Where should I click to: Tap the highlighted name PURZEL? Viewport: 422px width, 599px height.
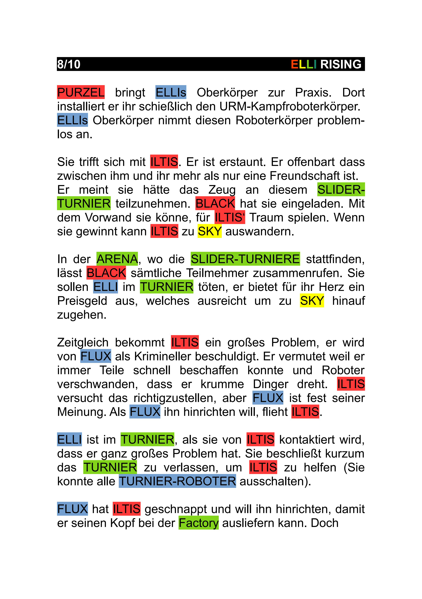point(81,92)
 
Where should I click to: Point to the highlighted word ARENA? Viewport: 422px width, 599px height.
point(117,259)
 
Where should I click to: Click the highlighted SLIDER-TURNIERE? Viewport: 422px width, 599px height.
point(245,259)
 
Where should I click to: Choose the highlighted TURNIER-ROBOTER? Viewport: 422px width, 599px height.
point(177,481)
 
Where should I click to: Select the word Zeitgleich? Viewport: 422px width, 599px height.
point(83,343)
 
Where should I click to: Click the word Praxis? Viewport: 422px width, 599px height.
point(313,92)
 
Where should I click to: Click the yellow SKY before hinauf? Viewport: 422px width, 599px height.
point(312,301)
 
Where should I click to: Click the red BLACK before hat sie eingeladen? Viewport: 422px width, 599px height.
point(215,203)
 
